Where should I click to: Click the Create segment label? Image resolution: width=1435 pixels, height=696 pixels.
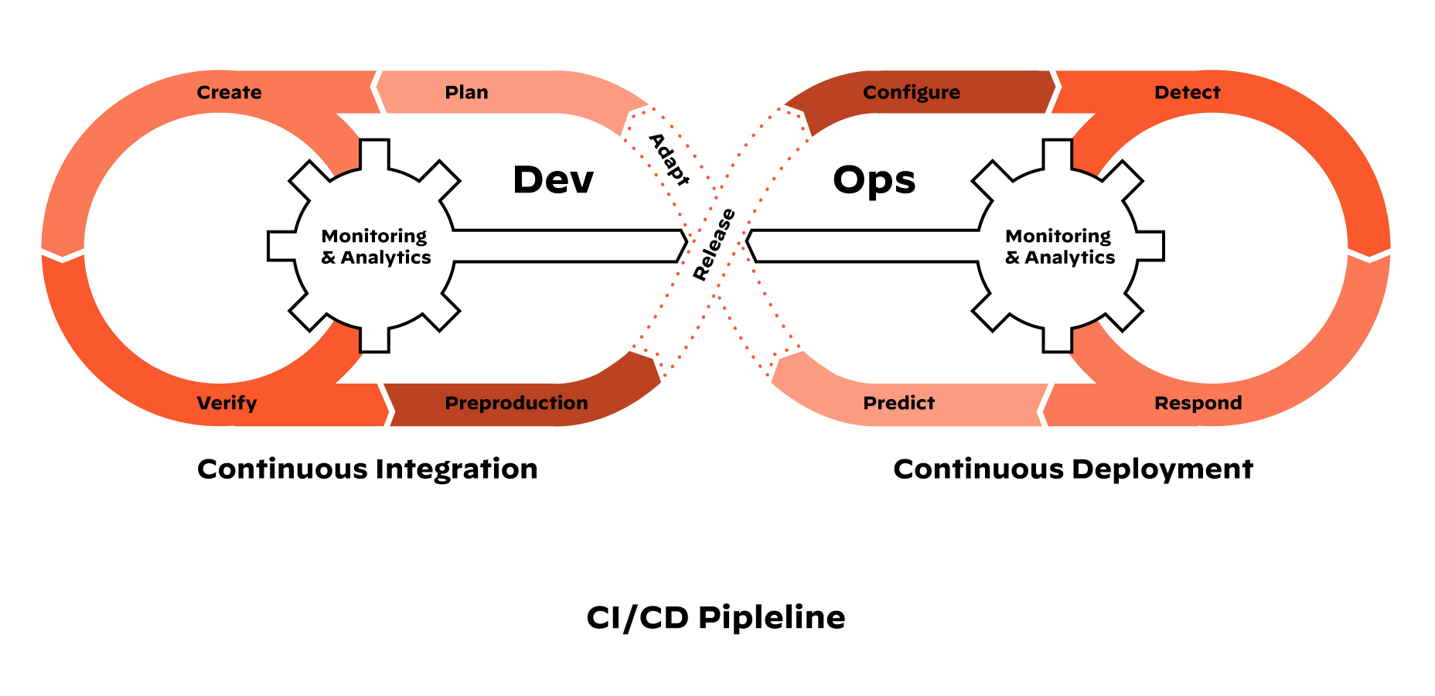(x=229, y=93)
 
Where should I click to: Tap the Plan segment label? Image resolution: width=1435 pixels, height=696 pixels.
(x=466, y=93)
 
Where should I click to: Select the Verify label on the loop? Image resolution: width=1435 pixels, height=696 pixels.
(x=227, y=403)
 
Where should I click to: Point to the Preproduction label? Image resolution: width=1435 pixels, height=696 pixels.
(x=516, y=403)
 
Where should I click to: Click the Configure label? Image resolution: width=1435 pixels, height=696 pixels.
(x=912, y=93)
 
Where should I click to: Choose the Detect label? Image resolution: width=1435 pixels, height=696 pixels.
(x=1187, y=93)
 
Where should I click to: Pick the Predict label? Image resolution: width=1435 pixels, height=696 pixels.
(x=898, y=403)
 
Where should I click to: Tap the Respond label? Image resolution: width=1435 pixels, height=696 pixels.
(x=1198, y=403)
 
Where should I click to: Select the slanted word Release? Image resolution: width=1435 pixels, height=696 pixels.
(x=714, y=244)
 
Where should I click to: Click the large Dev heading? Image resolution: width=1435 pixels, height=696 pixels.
(x=553, y=180)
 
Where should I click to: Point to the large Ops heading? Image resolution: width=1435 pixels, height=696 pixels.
(x=874, y=180)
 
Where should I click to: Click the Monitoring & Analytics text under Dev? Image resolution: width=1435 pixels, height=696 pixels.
(x=376, y=247)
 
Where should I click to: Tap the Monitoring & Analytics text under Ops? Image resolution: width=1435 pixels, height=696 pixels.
(x=1060, y=247)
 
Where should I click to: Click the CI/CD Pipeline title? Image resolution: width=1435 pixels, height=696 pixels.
(x=716, y=618)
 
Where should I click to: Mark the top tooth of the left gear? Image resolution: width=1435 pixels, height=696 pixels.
(x=375, y=153)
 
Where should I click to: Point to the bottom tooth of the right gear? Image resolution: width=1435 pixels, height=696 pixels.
(x=1058, y=339)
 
